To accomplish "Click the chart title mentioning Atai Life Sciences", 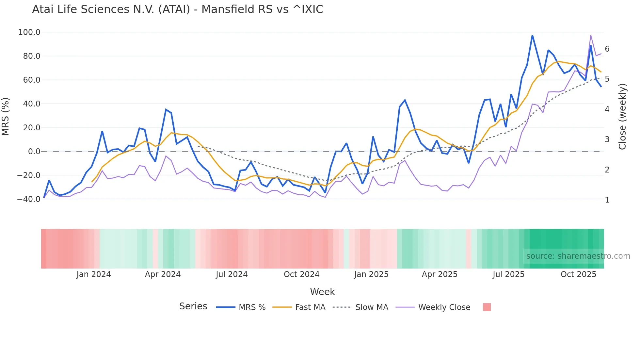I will [x=178, y=9].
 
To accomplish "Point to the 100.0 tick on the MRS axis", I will [x=29, y=32].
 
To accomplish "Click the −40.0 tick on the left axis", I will [x=29, y=199].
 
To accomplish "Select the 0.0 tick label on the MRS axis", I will [x=34, y=152].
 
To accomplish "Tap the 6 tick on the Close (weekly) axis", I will [x=607, y=49].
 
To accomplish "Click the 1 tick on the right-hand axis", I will [x=607, y=200].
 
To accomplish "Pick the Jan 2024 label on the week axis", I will [x=94, y=274].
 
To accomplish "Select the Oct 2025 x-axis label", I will [x=578, y=274].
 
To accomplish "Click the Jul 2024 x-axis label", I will [x=232, y=274].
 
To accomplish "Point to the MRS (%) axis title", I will [x=6, y=117].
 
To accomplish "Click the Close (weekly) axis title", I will [x=623, y=117].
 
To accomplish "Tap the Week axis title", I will [x=322, y=292].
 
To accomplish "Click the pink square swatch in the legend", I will [x=487, y=307].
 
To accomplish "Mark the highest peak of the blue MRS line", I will [x=532, y=35].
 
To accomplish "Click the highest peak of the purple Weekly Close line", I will [x=591, y=35].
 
